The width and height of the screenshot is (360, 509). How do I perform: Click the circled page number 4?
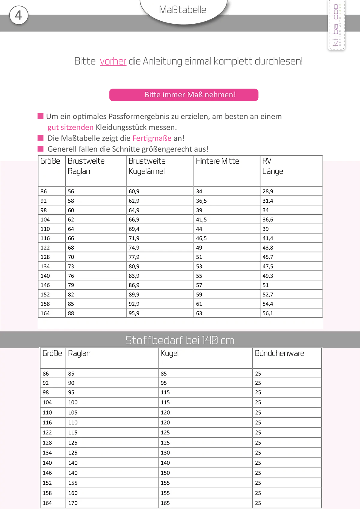[19, 15]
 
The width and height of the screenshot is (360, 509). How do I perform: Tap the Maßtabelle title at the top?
[182, 10]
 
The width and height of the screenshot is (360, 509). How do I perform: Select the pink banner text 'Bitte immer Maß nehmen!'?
[190, 95]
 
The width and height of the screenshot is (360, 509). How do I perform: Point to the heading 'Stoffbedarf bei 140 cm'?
[180, 340]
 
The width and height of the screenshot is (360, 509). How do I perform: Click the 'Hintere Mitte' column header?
[217, 161]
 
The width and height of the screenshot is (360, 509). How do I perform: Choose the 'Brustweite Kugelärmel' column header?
[147, 166]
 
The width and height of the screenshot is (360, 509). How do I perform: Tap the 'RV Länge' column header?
[272, 166]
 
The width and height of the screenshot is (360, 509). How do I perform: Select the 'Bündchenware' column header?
[279, 353]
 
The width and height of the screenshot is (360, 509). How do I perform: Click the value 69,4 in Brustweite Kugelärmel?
[134, 229]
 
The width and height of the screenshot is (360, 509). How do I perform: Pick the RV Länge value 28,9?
[268, 192]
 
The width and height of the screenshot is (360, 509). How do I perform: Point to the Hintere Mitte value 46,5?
[201, 238]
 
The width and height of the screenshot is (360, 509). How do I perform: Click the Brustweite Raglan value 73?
[71, 266]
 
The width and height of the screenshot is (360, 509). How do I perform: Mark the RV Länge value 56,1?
[268, 313]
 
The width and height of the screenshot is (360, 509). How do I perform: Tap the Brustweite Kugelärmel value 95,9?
[134, 313]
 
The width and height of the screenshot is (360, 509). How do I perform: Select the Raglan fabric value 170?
[73, 503]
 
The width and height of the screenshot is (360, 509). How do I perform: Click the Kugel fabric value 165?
[165, 503]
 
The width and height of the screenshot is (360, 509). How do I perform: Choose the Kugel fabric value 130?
[165, 453]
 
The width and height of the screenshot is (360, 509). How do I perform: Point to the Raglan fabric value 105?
[73, 412]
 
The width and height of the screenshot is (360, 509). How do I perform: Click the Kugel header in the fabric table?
[169, 353]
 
